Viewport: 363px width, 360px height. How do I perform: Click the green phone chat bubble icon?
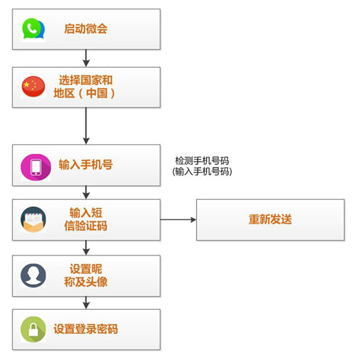[x=33, y=28]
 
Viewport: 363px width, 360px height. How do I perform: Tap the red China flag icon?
[x=33, y=86]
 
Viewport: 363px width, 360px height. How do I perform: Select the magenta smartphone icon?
[x=36, y=167]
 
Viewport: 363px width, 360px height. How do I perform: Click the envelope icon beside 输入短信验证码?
[x=33, y=219]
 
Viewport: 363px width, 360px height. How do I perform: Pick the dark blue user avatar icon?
[x=33, y=275]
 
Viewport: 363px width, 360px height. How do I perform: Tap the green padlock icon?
[x=33, y=329]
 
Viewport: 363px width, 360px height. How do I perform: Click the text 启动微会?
[x=86, y=28]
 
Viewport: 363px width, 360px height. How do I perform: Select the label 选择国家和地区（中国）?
[x=85, y=86]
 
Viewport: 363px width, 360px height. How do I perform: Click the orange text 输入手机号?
[x=86, y=165]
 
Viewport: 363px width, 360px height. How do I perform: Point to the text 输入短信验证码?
[x=86, y=219]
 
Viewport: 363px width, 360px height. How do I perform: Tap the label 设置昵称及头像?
[x=86, y=275]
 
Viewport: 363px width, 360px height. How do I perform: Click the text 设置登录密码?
[x=86, y=329]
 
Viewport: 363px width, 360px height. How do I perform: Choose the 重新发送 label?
[x=270, y=219]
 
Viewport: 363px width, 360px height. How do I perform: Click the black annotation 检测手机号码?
[x=202, y=160]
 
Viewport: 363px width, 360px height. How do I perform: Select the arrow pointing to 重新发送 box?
[x=178, y=220]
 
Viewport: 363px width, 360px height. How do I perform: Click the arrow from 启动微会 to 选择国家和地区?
[x=86, y=58]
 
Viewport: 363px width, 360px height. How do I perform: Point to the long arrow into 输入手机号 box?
[x=86, y=126]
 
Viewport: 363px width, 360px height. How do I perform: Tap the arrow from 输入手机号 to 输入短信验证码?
[x=86, y=192]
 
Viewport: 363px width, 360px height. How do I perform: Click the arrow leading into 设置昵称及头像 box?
[x=86, y=247]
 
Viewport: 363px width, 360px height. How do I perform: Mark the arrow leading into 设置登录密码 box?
[x=86, y=303]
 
